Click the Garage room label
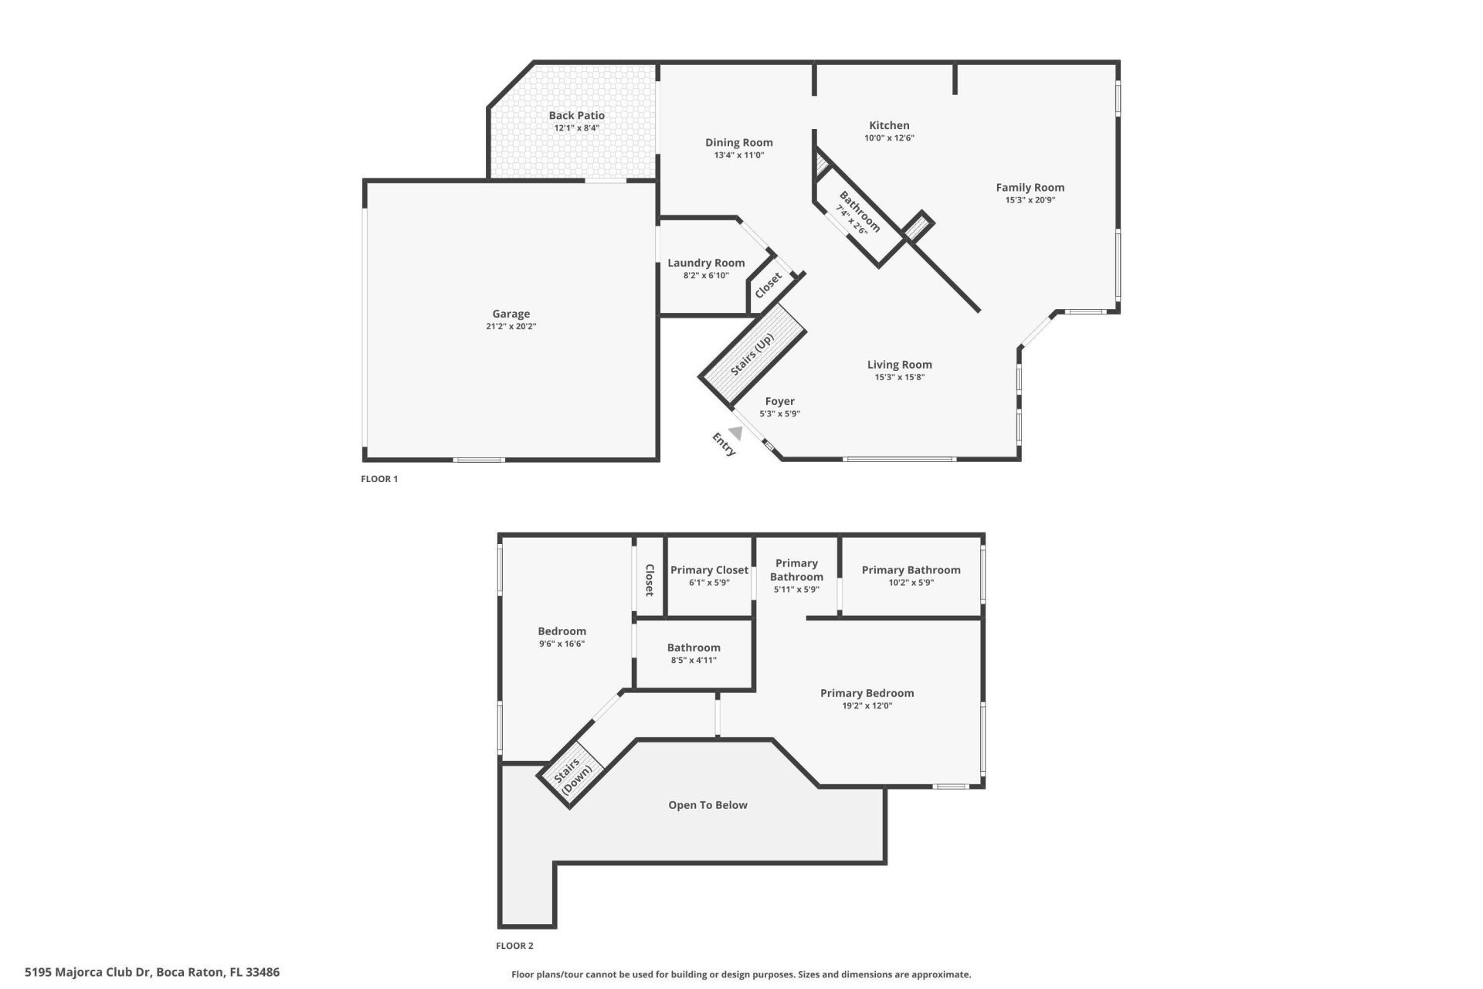[511, 314]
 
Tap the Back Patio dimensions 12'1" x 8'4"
[576, 128]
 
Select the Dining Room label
[738, 142]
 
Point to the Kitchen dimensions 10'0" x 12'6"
[889, 138]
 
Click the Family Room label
[1030, 187]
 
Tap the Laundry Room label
[706, 263]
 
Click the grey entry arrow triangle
[737, 433]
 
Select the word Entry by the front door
[724, 444]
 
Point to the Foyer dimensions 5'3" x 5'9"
[779, 414]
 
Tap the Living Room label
[899, 365]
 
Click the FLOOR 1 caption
[379, 479]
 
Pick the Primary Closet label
[709, 570]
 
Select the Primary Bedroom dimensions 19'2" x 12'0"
[867, 706]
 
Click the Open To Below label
[708, 805]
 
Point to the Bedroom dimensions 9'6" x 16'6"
[562, 644]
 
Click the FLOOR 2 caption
[514, 946]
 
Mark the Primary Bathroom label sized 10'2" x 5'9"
[911, 570]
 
